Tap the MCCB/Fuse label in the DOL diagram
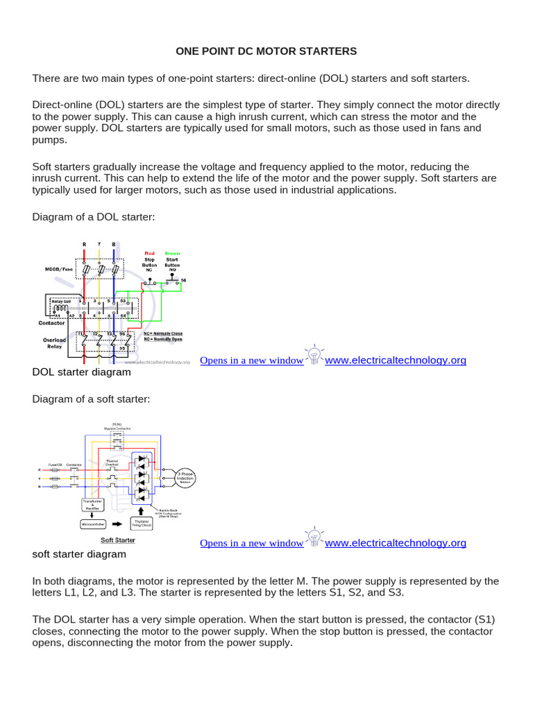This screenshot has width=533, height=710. coord(58,269)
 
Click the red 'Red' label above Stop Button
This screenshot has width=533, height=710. coord(150,253)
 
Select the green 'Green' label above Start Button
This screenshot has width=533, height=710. coord(171,253)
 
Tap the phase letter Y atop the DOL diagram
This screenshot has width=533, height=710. coord(100,244)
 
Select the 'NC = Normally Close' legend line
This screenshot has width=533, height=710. coord(164,334)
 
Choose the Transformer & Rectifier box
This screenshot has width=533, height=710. coord(92,504)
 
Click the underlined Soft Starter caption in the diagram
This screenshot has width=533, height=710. coord(118,539)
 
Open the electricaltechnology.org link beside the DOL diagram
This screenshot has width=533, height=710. coord(396,360)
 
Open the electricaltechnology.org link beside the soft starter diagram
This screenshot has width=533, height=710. coord(396,542)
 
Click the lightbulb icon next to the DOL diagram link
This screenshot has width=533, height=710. coord(314,357)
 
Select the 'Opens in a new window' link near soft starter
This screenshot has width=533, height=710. coord(251,543)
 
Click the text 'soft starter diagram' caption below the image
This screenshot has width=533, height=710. coord(79,554)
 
